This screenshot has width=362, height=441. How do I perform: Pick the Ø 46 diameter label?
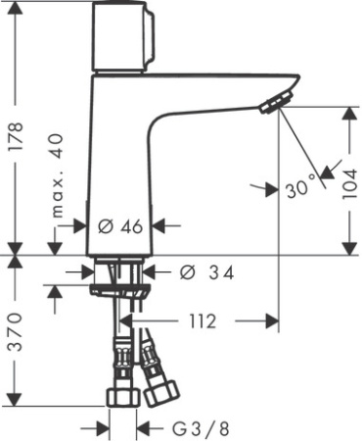(121, 226)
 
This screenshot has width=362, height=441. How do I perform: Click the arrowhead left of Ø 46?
(84, 226)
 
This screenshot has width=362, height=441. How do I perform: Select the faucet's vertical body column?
(121, 167)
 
